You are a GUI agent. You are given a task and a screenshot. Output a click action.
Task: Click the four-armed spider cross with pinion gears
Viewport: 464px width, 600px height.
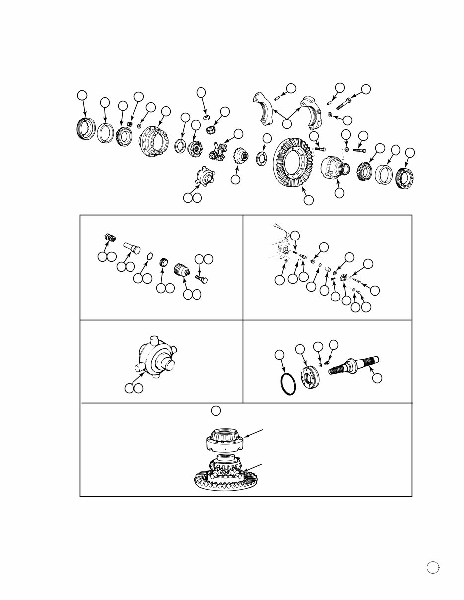218,151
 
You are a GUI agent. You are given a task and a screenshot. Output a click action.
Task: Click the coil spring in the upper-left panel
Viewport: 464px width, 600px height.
109,238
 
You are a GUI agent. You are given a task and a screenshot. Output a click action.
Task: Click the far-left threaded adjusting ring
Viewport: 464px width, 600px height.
87,130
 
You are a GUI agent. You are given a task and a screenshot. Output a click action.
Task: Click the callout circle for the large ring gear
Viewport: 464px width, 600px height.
308,200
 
